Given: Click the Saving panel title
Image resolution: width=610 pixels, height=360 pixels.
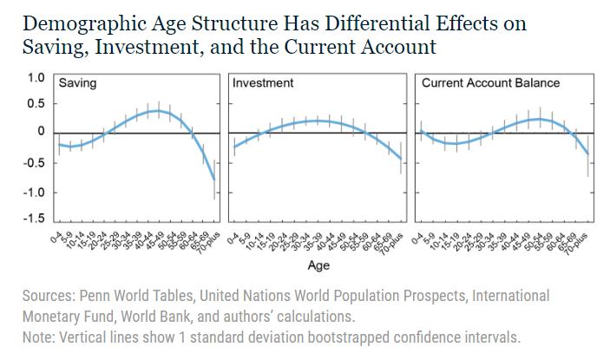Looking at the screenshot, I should [77, 84].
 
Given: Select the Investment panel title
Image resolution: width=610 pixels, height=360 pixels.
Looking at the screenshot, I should [263, 84].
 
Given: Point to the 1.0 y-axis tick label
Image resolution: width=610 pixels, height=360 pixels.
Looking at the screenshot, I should [35, 78].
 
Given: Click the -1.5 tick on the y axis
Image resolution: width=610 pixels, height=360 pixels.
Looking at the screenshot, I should [33, 217].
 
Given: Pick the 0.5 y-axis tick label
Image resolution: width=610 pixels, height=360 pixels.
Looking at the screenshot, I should [35, 104].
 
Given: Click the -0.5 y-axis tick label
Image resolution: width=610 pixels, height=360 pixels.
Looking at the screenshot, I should [33, 161].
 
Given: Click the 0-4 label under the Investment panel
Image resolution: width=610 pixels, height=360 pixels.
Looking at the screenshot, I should [233, 232].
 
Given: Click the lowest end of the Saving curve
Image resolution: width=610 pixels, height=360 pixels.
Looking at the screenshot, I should [214, 180].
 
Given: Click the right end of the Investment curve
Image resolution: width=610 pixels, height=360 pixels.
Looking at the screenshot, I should [401, 159].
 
